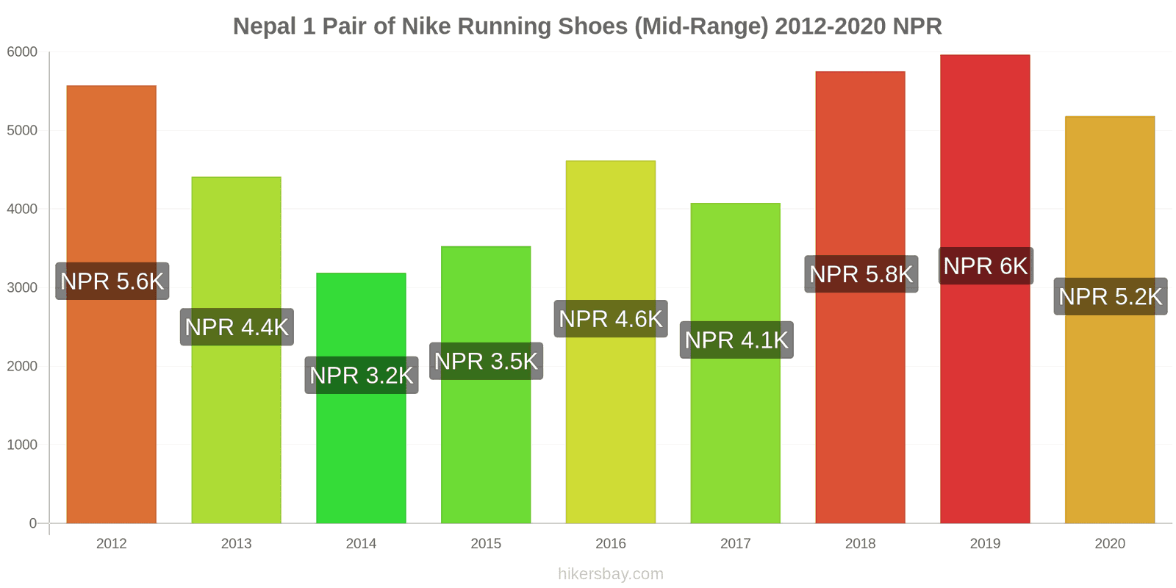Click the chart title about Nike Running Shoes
[587, 26]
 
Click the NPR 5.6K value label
[112, 281]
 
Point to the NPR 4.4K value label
[237, 327]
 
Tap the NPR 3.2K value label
[362, 376]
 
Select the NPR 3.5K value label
[486, 362]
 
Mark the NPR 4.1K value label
[736, 340]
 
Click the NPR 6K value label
[986, 266]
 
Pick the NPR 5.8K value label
[861, 274]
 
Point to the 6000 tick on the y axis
[22, 52]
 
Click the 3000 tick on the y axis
[22, 287]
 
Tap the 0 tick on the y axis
[32, 523]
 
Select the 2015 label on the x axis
[486, 544]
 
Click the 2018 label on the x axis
[860, 544]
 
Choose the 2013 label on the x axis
[237, 544]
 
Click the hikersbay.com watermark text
[611, 574]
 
